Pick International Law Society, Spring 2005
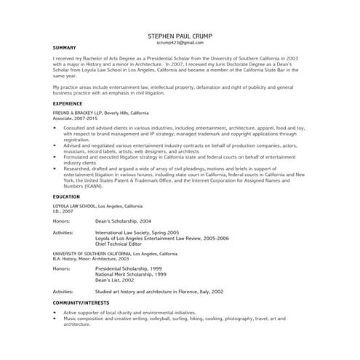point(137,232)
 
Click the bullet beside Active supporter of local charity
point(56,311)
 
